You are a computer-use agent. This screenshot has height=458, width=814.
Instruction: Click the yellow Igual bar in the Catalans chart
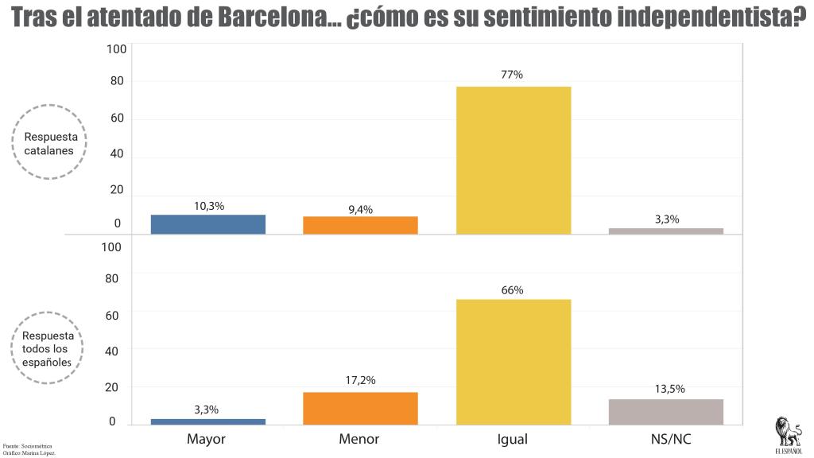(514, 159)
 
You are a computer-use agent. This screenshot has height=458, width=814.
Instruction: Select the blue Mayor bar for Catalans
(208, 224)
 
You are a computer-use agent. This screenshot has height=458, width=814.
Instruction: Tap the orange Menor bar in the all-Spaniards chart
(360, 408)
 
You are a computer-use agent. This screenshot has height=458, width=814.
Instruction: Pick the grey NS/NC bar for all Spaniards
(666, 412)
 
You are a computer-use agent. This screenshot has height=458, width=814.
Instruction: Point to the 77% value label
(512, 75)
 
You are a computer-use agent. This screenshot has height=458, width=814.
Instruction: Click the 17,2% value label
(360, 381)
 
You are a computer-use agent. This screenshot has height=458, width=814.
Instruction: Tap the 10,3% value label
(209, 206)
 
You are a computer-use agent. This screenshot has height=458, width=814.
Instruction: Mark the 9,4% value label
(360, 209)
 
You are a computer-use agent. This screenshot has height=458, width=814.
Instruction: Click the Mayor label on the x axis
(207, 439)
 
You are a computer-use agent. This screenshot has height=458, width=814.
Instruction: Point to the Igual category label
(513, 439)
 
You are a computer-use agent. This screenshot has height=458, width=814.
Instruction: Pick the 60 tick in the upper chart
(117, 118)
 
